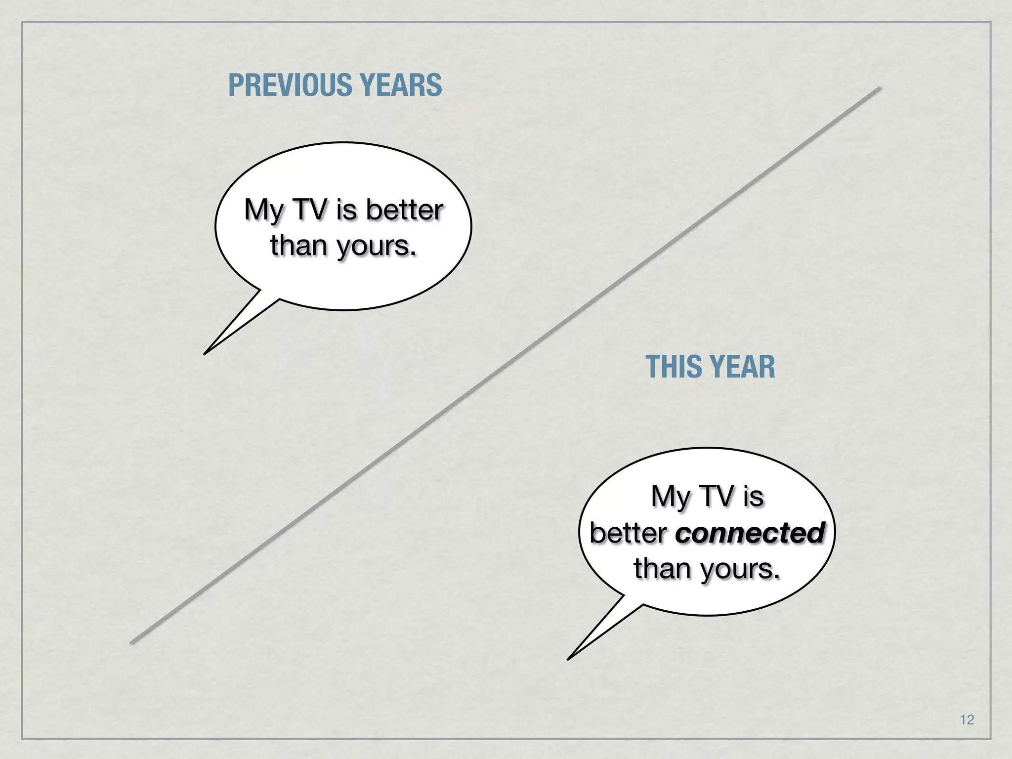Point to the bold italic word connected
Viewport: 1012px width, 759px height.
tap(750, 533)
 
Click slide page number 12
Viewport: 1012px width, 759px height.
tap(967, 719)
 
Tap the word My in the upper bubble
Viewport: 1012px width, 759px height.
tap(263, 211)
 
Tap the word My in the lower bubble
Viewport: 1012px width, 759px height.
tap(670, 497)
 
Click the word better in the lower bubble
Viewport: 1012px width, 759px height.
tap(629, 533)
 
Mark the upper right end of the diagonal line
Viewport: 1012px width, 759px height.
tap(880, 88)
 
